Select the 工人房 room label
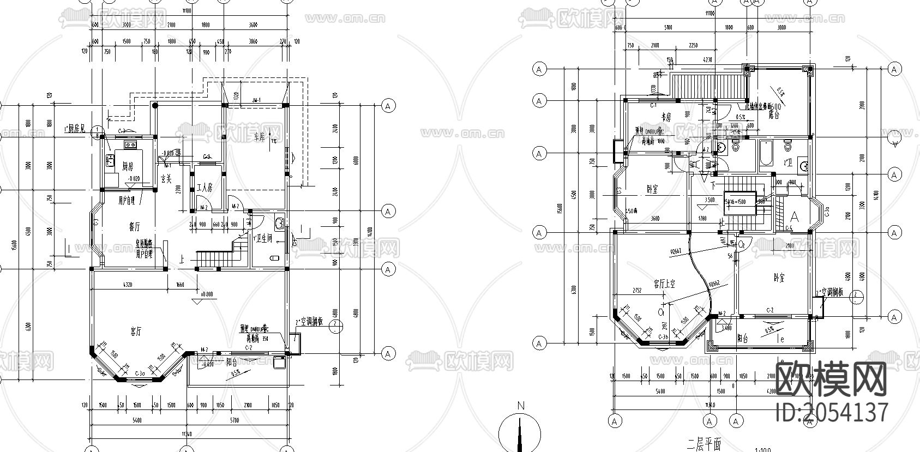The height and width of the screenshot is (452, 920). coord(205,188)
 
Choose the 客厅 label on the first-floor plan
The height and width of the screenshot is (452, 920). coord(136,330)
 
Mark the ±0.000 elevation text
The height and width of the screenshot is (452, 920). coord(207,294)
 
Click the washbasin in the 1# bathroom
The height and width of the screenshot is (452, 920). coord(280,222)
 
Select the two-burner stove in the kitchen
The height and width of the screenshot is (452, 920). coord(130,145)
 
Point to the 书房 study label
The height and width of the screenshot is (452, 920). coord(665,117)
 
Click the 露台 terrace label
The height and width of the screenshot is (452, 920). coord(774,115)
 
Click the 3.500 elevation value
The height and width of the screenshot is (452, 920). coord(709,200)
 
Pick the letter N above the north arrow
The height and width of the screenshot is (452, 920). coord(521,406)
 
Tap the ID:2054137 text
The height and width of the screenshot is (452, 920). coord(832,412)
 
